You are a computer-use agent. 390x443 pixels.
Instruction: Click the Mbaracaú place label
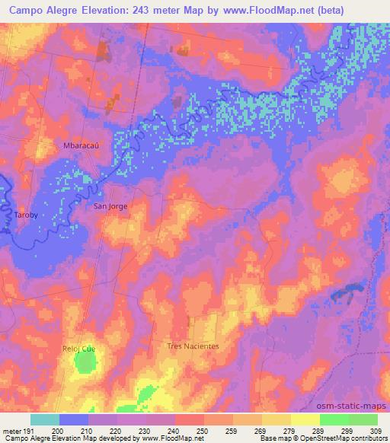pos(78,144)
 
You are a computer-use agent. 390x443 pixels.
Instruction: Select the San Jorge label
pos(110,206)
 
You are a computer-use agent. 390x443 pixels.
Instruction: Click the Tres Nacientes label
pos(193,346)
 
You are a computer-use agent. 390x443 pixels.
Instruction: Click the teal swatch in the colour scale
pos(44,419)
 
